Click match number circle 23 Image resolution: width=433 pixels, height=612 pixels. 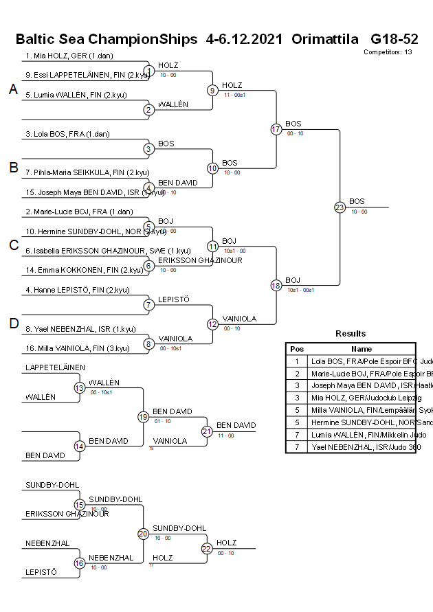(x=340, y=207)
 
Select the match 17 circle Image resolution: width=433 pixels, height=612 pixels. (x=276, y=129)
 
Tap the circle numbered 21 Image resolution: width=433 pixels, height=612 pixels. (x=207, y=431)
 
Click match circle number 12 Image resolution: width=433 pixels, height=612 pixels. (x=212, y=324)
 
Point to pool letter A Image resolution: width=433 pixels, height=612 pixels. (x=12, y=89)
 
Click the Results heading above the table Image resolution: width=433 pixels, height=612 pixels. (x=351, y=333)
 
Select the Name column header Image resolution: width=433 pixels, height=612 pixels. (x=362, y=349)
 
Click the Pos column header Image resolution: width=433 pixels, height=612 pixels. (x=297, y=349)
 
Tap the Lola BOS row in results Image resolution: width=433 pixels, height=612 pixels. (x=361, y=361)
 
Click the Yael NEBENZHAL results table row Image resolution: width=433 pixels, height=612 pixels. (x=361, y=447)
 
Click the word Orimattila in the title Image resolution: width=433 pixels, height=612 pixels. (x=325, y=38)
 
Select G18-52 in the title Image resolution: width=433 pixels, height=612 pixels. (x=394, y=38)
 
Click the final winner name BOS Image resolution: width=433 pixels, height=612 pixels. (x=357, y=201)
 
